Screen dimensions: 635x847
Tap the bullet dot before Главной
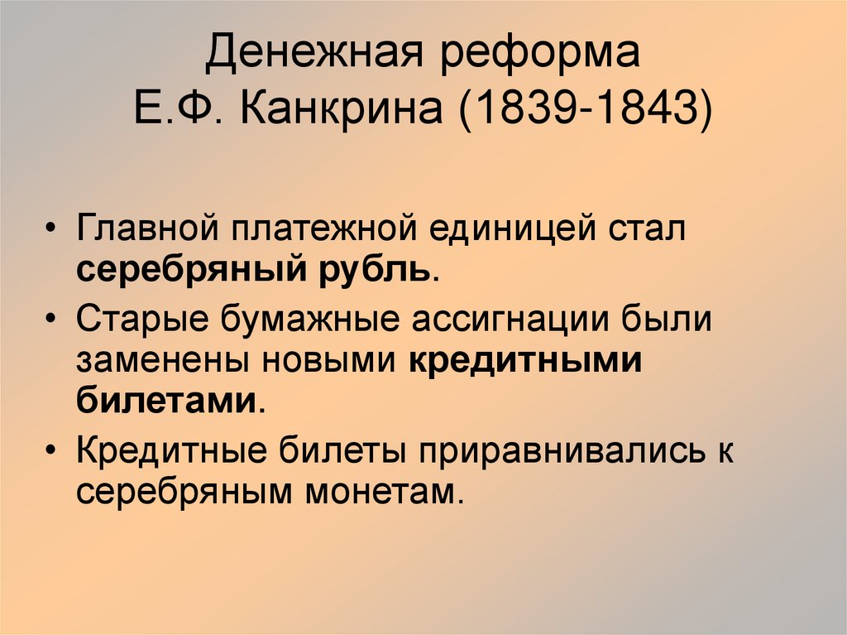[x=53, y=230]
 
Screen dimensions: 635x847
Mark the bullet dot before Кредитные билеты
[x=53, y=453]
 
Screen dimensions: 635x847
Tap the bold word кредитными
[x=526, y=361]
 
